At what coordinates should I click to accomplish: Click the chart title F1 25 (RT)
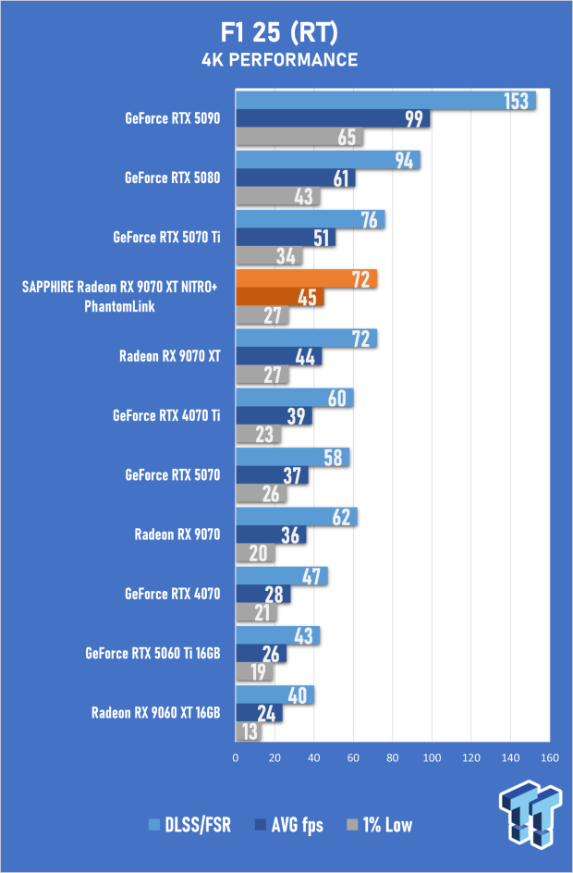pos(279,33)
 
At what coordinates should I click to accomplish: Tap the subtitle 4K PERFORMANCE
pos(280,60)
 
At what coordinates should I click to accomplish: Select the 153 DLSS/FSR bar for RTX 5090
pos(385,101)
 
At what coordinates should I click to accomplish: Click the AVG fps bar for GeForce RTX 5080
pos(296,178)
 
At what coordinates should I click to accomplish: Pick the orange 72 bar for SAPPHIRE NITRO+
pos(307,278)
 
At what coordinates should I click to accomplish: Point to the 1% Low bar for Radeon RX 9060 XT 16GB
pos(249,732)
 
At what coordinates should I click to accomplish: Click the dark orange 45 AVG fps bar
pos(280,297)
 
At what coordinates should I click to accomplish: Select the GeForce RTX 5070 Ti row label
pos(166,237)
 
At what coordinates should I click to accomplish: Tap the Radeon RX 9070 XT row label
pos(170,356)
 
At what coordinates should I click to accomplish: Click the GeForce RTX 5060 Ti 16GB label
pos(152,653)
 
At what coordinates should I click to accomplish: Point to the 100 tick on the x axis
pos(432,757)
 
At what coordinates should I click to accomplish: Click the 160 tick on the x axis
pos(550,757)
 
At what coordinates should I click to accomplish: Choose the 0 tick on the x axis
pos(236,757)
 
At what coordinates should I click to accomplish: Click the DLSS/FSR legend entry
pos(189,825)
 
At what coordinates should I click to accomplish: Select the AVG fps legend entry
pos(288,825)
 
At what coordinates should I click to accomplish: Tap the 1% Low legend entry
pos(380,825)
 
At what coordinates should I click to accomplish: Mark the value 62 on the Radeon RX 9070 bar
pos(341,517)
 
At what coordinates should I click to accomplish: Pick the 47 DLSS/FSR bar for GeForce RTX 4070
pos(282,576)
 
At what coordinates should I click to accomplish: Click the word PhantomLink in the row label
pos(119,306)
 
